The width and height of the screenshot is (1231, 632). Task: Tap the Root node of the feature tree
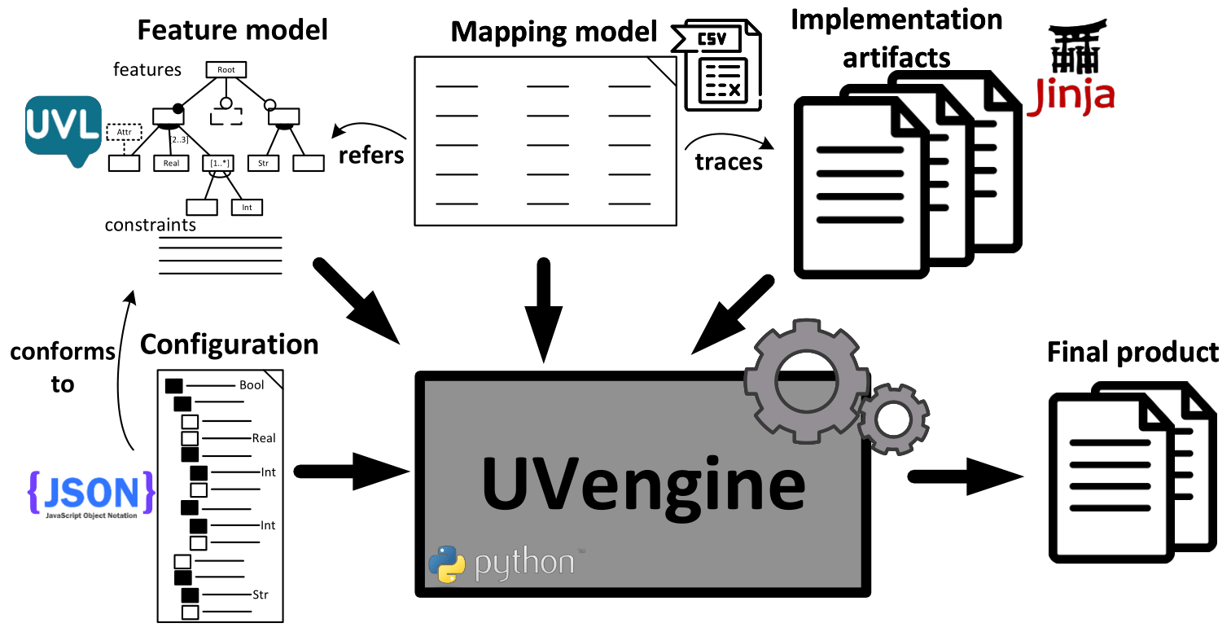[226, 70]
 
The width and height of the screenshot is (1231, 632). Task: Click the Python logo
[447, 564]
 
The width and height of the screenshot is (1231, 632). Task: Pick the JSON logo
[90, 494]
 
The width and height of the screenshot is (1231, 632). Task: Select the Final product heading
[1132, 352]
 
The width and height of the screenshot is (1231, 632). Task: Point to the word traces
[729, 162]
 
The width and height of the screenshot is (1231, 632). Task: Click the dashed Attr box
[125, 131]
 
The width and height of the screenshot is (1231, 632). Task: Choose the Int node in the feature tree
[247, 208]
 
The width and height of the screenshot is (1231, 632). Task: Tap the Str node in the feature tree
[264, 164]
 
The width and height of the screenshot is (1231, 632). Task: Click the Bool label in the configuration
[252, 385]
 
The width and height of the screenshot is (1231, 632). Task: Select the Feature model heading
[232, 30]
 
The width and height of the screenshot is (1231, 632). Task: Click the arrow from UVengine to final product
[966, 476]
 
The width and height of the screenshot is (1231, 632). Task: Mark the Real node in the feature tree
[171, 164]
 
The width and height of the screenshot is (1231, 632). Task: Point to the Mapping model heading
[554, 33]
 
